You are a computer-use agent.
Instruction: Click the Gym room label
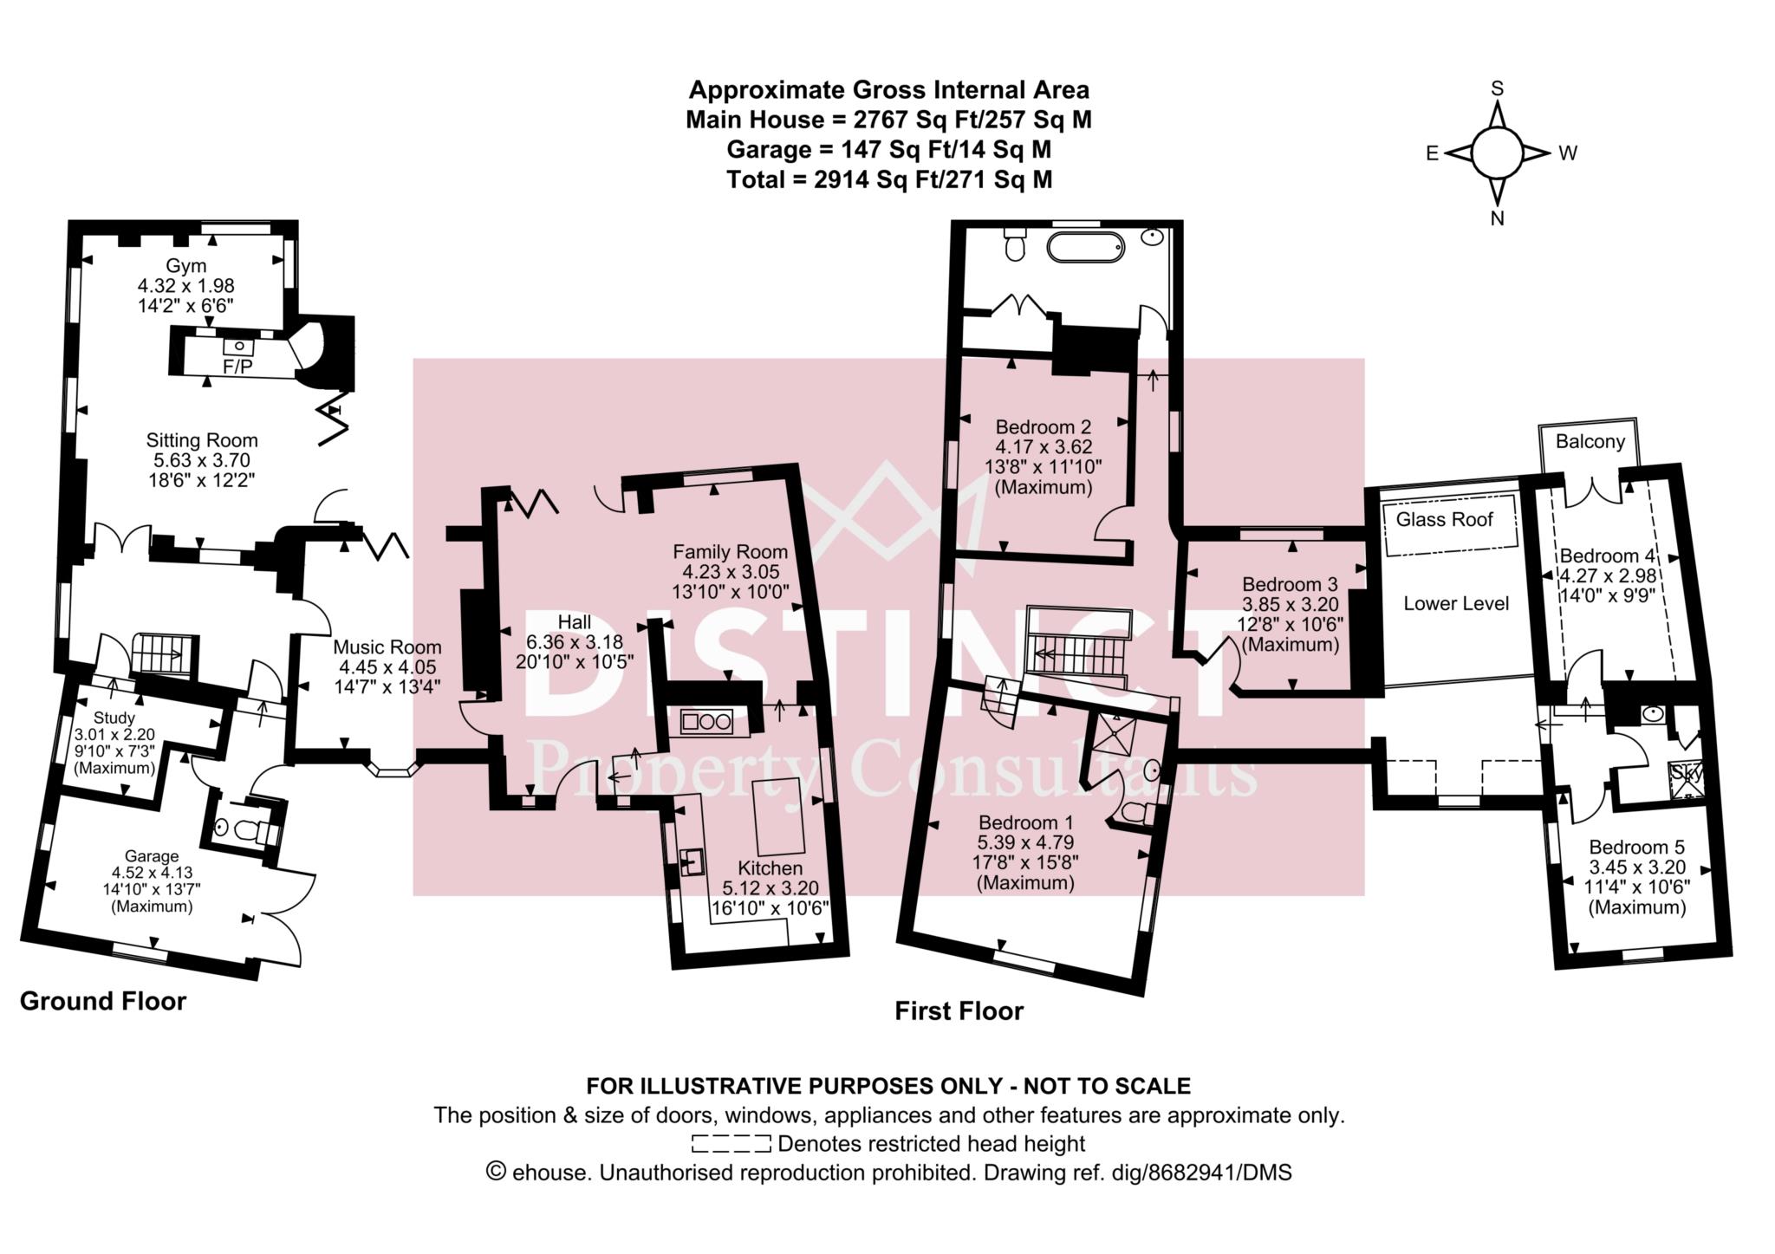coord(185,265)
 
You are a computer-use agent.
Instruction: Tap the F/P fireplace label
coord(237,367)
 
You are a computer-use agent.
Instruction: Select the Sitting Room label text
coord(201,440)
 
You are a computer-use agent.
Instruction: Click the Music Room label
coord(387,646)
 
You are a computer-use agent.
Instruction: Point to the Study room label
coord(114,718)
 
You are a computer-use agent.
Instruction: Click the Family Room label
coord(730,551)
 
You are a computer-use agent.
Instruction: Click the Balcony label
coord(1590,441)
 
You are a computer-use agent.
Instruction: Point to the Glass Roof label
coord(1444,519)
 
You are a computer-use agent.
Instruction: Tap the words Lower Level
coord(1456,603)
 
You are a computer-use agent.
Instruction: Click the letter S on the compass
coord(1497,88)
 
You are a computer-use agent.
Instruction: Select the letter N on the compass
coord(1497,219)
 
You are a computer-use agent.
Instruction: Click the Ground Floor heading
coord(102,1001)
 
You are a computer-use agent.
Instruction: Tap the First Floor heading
coord(959,1010)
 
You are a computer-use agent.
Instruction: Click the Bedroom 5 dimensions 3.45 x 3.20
coord(1636,867)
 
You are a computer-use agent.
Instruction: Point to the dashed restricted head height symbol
coord(731,1144)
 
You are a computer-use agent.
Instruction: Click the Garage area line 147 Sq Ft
coord(888,150)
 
